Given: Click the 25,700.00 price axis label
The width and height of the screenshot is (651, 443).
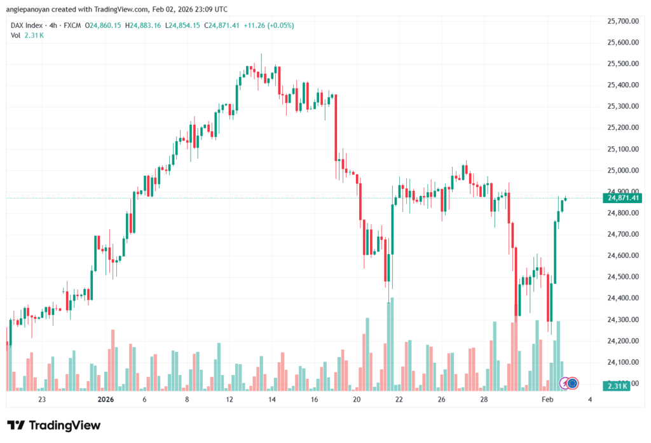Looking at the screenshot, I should click(x=622, y=21).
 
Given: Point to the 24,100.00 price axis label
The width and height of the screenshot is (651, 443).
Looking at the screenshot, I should click(x=622, y=362).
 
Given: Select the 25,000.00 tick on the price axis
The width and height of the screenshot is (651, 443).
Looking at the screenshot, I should click(x=622, y=171).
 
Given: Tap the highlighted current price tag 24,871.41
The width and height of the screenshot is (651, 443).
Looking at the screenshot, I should click(x=624, y=198).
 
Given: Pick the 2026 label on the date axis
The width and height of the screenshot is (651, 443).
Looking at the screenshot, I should click(x=105, y=400).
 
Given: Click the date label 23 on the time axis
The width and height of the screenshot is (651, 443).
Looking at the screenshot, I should click(x=42, y=400).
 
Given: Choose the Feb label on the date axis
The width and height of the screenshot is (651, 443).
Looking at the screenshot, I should click(x=547, y=400).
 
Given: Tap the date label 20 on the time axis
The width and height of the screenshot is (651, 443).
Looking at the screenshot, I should click(x=357, y=400).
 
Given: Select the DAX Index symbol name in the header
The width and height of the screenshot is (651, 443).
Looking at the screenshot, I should click(x=29, y=25).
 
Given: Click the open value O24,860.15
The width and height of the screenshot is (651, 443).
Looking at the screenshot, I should click(x=102, y=25).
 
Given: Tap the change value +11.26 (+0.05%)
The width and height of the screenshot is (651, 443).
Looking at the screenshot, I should click(x=271, y=25).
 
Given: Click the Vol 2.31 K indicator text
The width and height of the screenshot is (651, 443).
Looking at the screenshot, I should click(x=27, y=35).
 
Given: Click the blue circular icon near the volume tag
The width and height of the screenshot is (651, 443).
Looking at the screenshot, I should click(x=572, y=383).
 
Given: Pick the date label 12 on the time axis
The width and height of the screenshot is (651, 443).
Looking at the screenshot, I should click(x=230, y=400).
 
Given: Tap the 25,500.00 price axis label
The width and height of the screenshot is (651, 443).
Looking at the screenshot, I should click(x=622, y=64).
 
